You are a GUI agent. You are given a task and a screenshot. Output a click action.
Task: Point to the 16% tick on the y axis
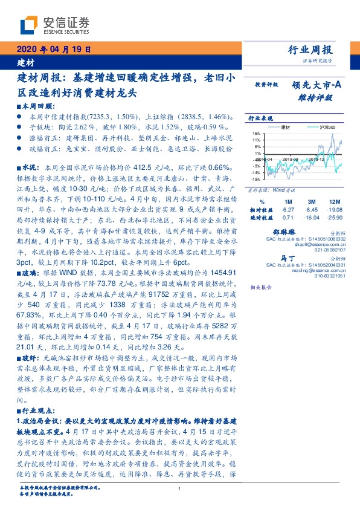256,133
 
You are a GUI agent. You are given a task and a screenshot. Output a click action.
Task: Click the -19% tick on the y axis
256,180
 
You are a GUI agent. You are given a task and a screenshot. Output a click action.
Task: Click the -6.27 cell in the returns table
288,209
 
